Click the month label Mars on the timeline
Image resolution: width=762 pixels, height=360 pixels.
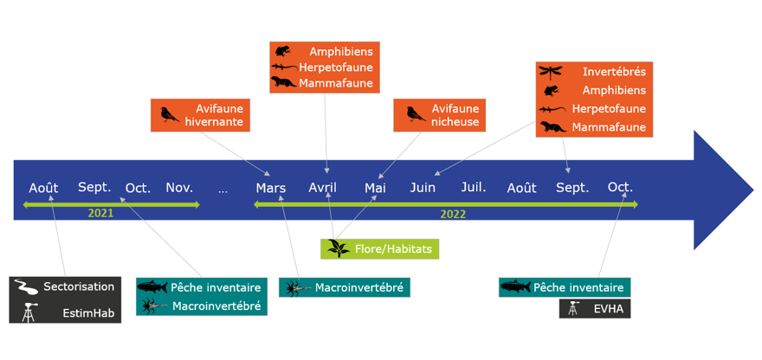tap(271, 188)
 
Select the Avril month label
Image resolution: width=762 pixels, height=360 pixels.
tap(323, 188)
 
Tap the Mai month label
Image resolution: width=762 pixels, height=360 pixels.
tap(375, 188)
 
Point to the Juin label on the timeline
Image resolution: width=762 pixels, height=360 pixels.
tap(423, 188)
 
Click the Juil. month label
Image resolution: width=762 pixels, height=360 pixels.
tap(474, 187)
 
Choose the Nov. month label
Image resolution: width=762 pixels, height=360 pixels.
tap(179, 187)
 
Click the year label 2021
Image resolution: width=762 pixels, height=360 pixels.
tap(101, 213)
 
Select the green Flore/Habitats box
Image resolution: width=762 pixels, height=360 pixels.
tap(380, 249)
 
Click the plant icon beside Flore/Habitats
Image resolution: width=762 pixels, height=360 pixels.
tap(336, 249)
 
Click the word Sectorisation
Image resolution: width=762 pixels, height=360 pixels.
tap(79, 286)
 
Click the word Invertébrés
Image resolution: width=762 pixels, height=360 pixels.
tap(614, 71)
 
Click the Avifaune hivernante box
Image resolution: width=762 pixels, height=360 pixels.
tap(200, 115)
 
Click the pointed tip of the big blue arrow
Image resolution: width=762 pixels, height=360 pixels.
tap(752, 190)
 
